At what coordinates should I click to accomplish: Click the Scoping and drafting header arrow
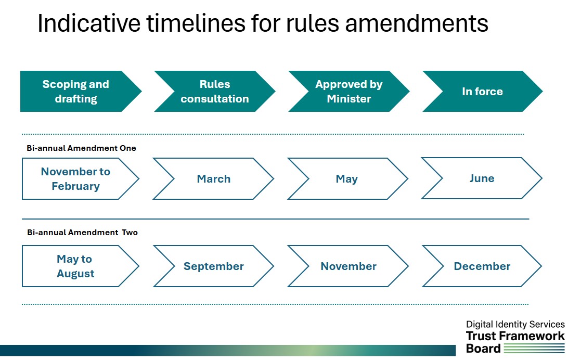click(x=76, y=92)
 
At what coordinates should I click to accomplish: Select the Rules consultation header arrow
click(x=214, y=92)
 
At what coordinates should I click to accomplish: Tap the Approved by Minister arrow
click(x=348, y=92)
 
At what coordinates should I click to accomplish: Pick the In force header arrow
click(x=482, y=92)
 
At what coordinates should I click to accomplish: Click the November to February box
click(x=76, y=179)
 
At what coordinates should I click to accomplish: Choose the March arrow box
click(x=214, y=179)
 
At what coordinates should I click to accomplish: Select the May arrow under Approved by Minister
click(x=347, y=179)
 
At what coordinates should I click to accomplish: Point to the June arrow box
click(x=482, y=178)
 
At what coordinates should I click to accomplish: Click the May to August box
click(x=76, y=266)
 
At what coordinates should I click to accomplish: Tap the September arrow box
click(x=214, y=266)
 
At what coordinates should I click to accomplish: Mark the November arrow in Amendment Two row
click(x=348, y=266)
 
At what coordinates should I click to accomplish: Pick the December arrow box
click(x=482, y=266)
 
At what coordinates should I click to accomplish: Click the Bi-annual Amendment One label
click(x=81, y=148)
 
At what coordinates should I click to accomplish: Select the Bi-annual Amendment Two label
click(x=82, y=233)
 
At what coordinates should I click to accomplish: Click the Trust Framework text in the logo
click(x=515, y=336)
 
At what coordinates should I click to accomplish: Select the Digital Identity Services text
click(x=515, y=324)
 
